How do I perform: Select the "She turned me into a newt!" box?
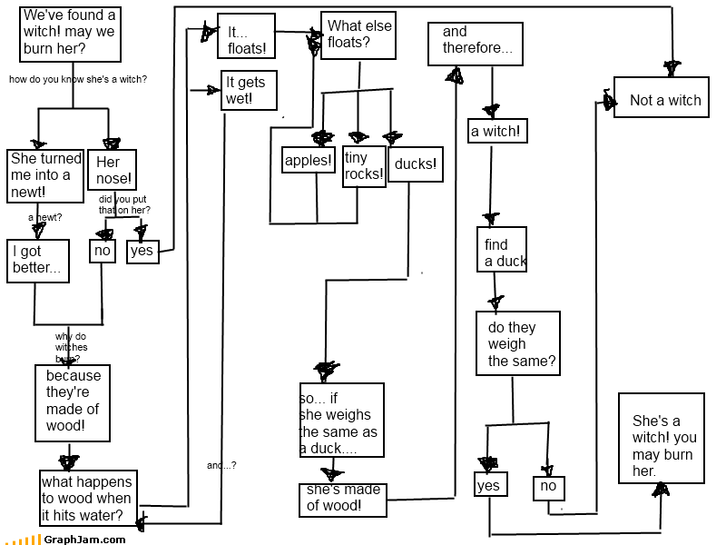tap(46, 175)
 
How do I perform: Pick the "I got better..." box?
tap(38, 261)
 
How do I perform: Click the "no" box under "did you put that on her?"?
tap(103, 250)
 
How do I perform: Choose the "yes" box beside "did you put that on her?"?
tap(142, 251)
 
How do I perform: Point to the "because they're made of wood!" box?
tap(74, 401)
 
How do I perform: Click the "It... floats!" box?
tap(246, 36)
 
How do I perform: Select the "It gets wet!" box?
tap(249, 90)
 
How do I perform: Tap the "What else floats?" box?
tap(358, 35)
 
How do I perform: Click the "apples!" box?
tap(309, 160)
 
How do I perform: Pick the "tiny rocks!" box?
tap(364, 165)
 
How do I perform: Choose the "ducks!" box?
tap(416, 164)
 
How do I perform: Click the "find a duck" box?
tap(502, 249)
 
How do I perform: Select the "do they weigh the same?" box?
tap(517, 343)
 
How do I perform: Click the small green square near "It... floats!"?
tap(201, 20)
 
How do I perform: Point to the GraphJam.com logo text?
tap(83, 540)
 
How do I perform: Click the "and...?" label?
tap(221, 466)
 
